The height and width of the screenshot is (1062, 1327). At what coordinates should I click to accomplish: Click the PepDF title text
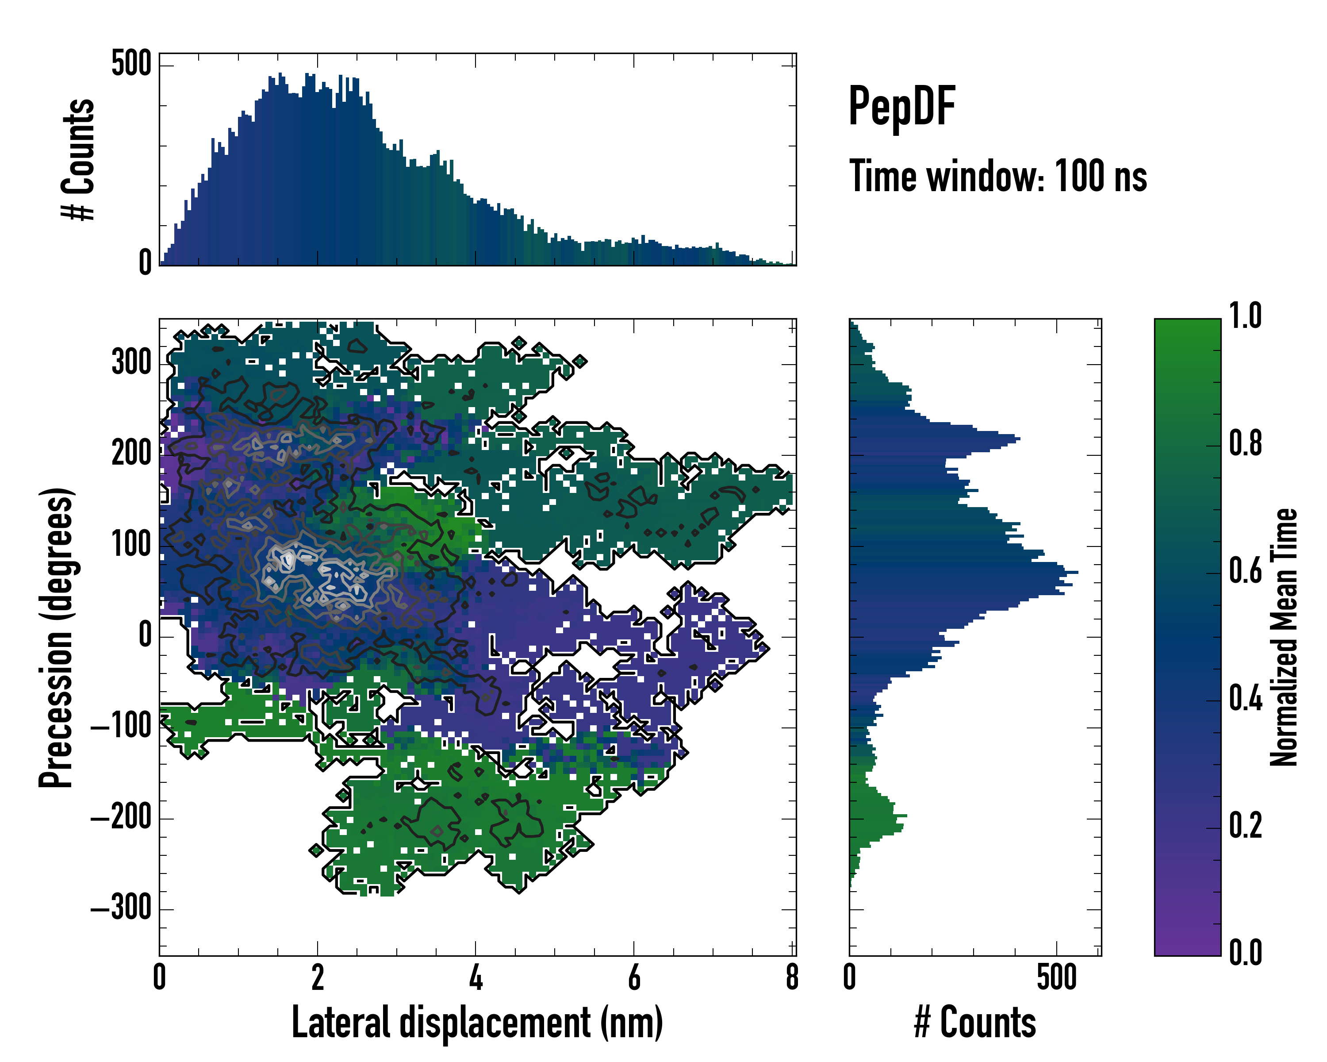pos(901,107)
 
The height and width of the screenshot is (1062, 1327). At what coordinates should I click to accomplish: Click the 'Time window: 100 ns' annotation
pos(998,177)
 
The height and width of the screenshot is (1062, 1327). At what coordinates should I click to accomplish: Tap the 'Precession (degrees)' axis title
pos(57,637)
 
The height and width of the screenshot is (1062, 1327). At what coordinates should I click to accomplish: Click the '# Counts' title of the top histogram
pos(79,159)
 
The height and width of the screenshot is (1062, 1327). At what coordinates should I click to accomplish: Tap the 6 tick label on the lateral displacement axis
pos(634,977)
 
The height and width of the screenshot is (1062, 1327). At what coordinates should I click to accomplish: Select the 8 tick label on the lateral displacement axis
pos(792,977)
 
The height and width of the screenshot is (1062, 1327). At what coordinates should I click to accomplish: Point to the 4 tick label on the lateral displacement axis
pos(476,977)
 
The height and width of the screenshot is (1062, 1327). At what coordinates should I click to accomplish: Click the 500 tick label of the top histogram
pos(131,63)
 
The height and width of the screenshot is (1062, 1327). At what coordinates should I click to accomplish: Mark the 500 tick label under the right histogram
pos(1056,977)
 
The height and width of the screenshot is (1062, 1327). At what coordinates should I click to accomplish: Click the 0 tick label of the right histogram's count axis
pos(849,977)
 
